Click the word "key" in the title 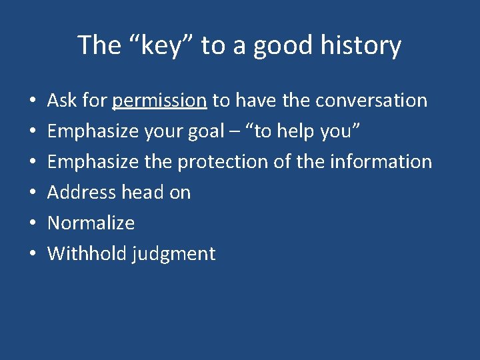[x=161, y=45]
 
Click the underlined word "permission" [x=159, y=101]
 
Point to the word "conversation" [x=371, y=101]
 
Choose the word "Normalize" [x=91, y=223]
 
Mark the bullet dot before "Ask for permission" [x=33, y=101]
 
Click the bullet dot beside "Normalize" [x=33, y=224]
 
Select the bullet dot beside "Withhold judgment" [x=33, y=255]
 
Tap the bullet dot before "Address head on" [x=33, y=193]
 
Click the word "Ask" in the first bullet [x=62, y=101]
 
